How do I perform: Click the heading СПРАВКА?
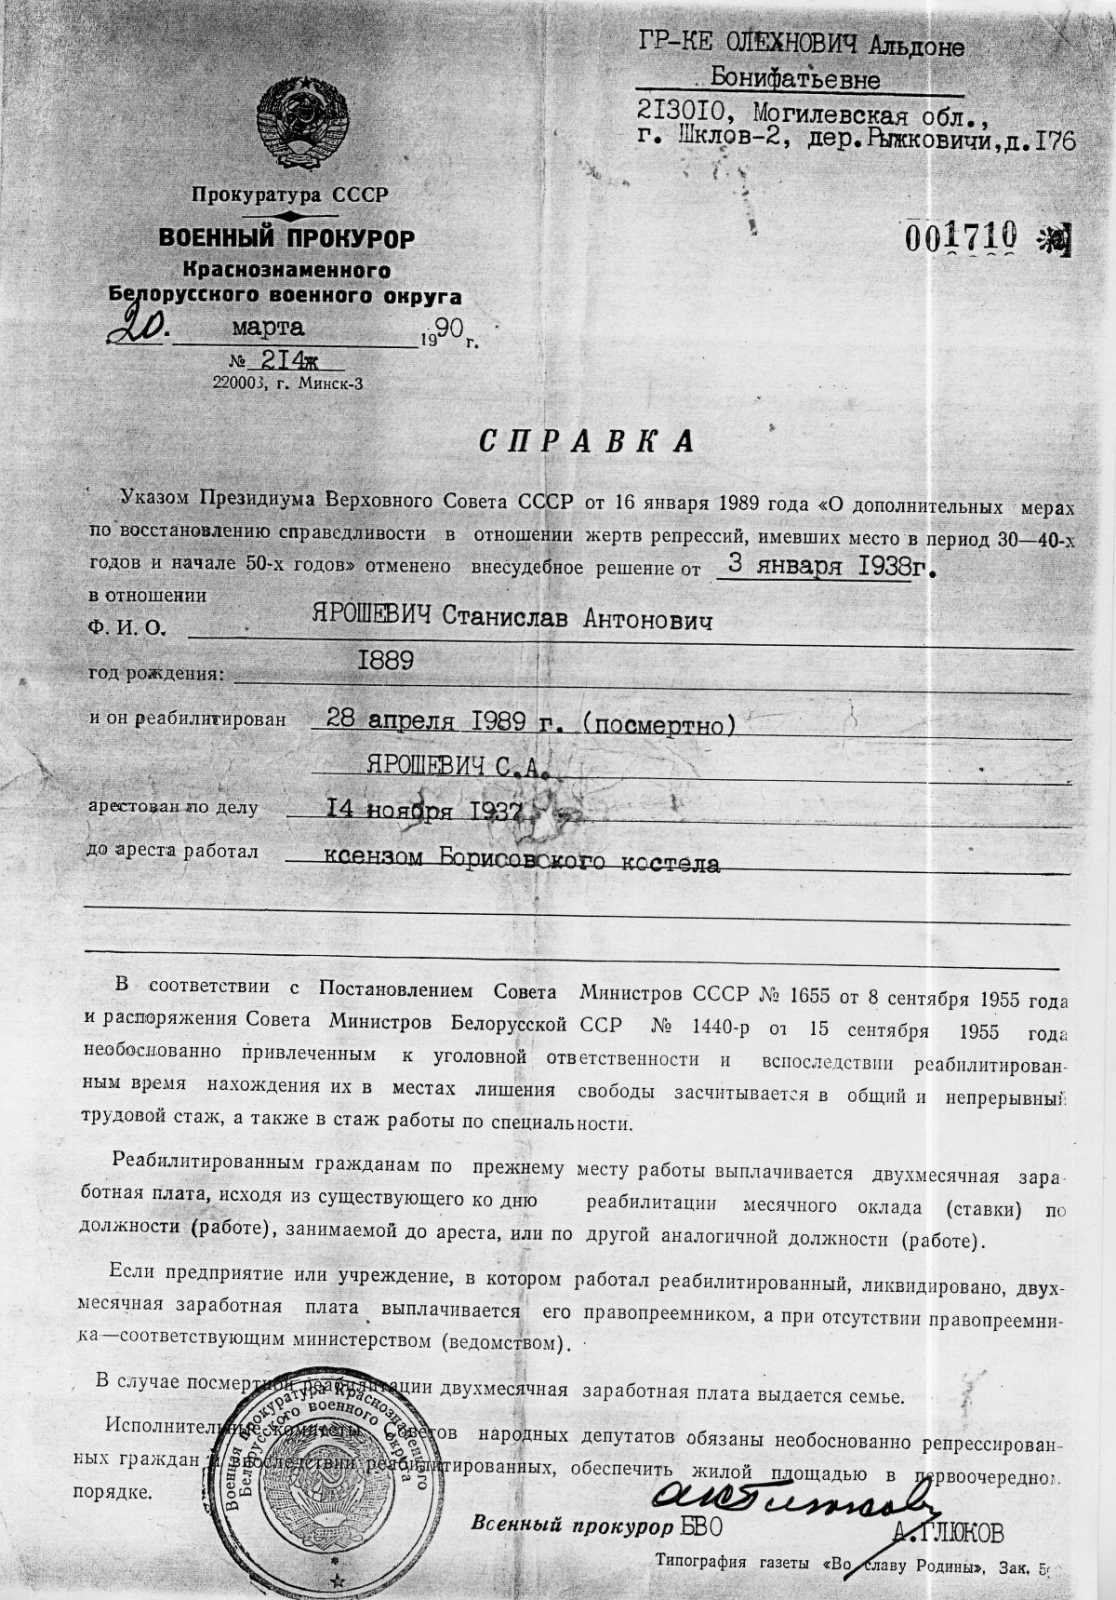pos(587,442)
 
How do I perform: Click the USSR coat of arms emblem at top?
pos(303,125)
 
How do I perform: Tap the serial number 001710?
pos(961,237)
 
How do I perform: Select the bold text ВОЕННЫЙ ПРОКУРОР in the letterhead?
pos(286,239)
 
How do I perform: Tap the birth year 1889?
pos(385,661)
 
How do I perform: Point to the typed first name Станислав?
pos(505,619)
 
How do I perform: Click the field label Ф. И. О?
pos(126,629)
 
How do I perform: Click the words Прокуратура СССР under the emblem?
pos(289,195)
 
